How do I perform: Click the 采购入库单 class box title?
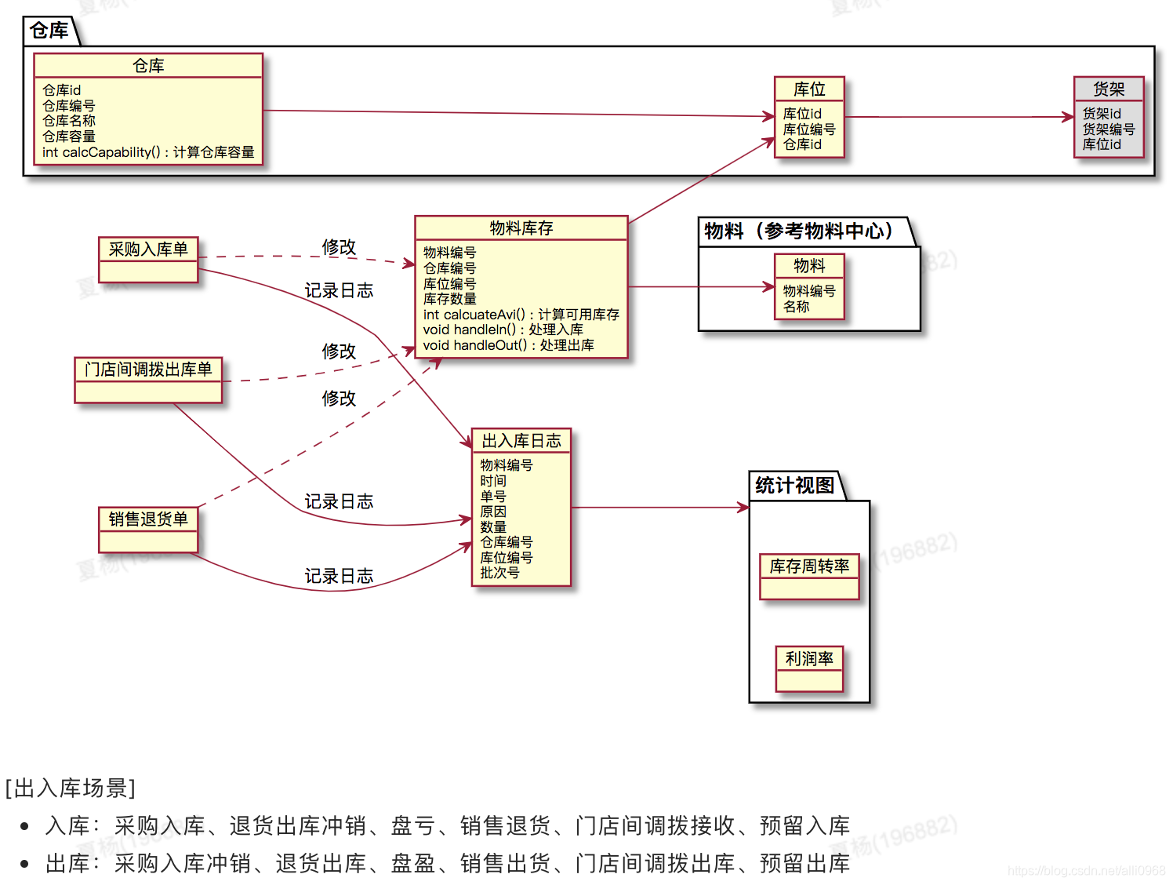[x=148, y=249]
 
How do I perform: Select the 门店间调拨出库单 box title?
[x=148, y=370]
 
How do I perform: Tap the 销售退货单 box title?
[x=148, y=519]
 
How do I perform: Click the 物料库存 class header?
[x=521, y=228]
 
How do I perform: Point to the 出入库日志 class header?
[x=521, y=441]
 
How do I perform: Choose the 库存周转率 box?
[x=809, y=566]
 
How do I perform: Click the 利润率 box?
[x=809, y=659]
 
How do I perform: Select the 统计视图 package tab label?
[x=795, y=486]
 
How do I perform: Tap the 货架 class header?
[x=1109, y=89]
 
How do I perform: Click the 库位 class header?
[x=809, y=89]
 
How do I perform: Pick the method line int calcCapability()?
[x=148, y=152]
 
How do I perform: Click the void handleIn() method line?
[x=503, y=330]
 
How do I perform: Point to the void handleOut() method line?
[x=509, y=345]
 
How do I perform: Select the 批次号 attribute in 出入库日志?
[x=499, y=573]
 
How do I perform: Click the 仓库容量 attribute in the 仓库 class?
[x=69, y=137]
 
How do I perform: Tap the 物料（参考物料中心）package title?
[x=798, y=231]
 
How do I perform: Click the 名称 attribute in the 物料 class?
[x=796, y=307]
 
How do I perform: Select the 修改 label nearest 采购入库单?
[x=339, y=247]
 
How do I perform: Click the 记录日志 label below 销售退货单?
[x=339, y=577]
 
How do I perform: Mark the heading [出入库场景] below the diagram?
[x=71, y=788]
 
